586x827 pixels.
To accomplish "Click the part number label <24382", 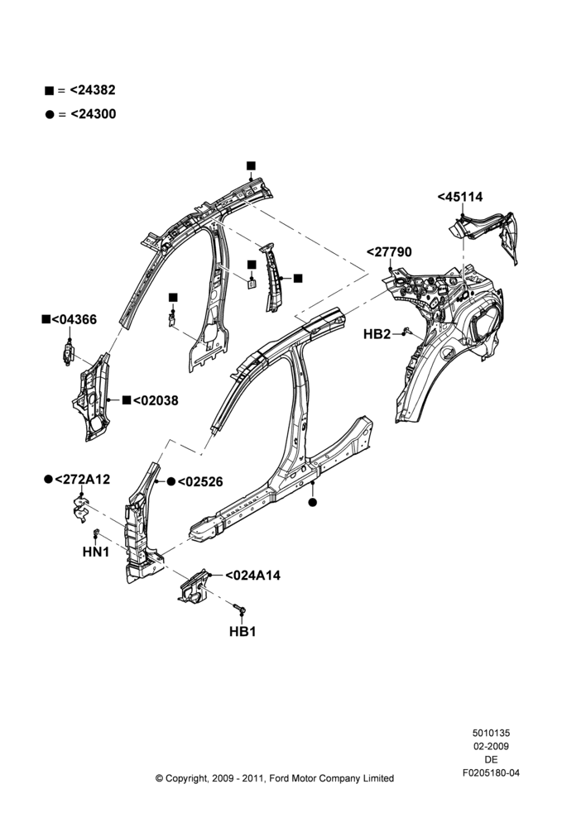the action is click(x=93, y=90).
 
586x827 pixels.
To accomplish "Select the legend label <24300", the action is click(x=93, y=114).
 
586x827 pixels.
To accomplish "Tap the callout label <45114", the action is click(x=460, y=197).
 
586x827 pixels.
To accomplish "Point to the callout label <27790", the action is click(x=389, y=252).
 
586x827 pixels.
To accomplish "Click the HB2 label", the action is click(x=377, y=334).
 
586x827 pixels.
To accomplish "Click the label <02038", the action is click(x=156, y=400).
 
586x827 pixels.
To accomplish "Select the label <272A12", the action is click(x=83, y=479).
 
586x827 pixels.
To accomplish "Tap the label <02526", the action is click(x=200, y=481).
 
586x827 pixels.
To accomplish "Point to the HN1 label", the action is click(x=96, y=552).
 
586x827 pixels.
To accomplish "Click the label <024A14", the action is click(x=253, y=576).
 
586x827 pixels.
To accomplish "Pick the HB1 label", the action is click(x=243, y=631).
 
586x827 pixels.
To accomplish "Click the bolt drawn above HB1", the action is click(x=239, y=609).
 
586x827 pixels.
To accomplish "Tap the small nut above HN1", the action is click(x=96, y=532).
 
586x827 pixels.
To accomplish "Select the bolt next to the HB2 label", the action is click(x=406, y=331).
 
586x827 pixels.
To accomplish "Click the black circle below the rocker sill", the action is click(x=313, y=502).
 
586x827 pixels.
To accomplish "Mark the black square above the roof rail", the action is click(x=251, y=165).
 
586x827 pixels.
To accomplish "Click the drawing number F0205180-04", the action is click(x=491, y=773).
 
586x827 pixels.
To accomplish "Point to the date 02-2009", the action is click(x=491, y=746).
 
